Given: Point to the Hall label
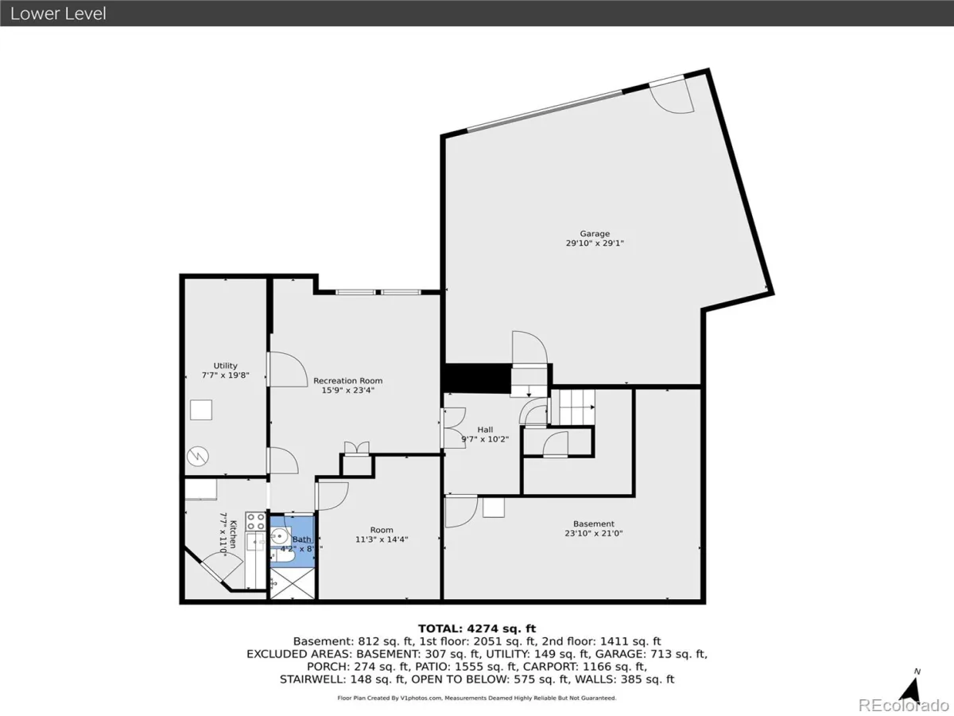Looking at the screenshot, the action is [485, 430].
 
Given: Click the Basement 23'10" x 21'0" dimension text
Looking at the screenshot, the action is [594, 533].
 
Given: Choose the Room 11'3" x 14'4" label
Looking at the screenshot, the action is [382, 535].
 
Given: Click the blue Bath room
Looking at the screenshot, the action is [292, 542].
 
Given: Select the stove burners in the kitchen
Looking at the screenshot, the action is [255, 521].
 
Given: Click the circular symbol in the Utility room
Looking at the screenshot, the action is [198, 457].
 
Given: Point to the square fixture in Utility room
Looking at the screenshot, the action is [201, 410].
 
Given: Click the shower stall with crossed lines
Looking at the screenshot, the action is [292, 583].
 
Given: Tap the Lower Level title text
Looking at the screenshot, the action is [58, 14].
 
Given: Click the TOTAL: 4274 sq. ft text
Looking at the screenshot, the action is [477, 628].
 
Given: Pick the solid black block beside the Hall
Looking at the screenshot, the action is [477, 379].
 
